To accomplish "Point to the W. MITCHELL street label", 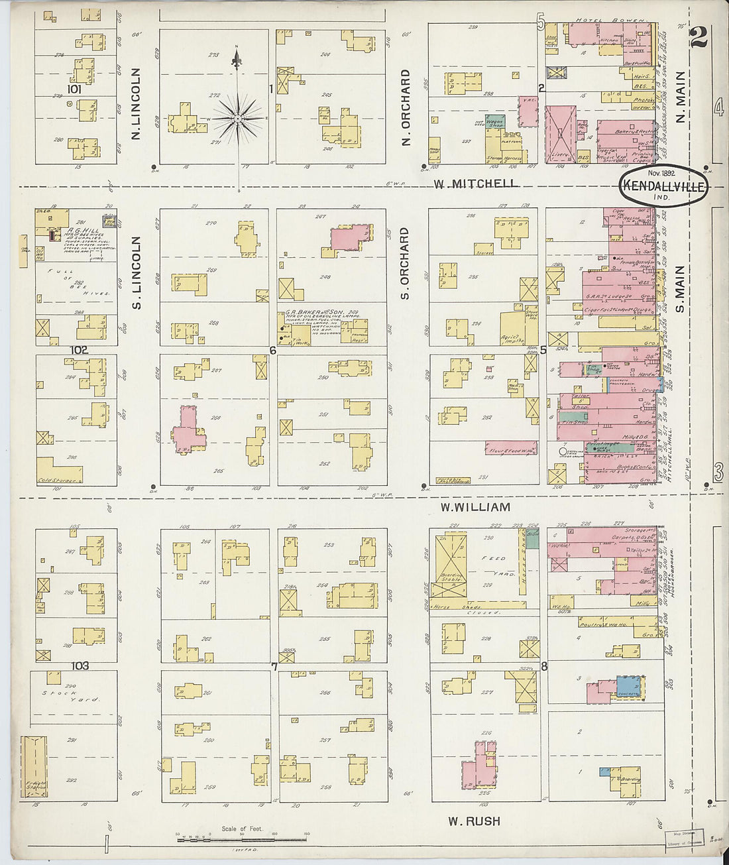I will [475, 184].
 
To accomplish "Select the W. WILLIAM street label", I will [475, 507].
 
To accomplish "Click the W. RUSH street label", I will [474, 821].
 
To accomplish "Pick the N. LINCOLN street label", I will [136, 104].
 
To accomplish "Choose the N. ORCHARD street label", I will [406, 107].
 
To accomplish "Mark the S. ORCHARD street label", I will [405, 263].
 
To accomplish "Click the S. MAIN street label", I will [679, 290].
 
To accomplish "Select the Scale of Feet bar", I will [242, 839].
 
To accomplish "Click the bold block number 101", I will [73, 88].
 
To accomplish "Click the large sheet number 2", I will [698, 38].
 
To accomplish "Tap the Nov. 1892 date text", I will [654, 172].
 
